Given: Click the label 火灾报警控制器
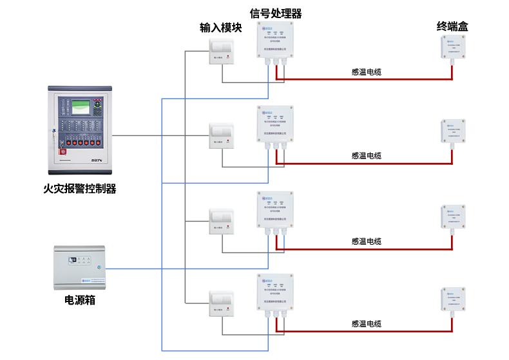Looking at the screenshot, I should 80,189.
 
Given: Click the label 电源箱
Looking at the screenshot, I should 80,299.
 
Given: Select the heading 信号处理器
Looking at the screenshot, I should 276,13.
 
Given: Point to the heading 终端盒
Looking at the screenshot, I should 452,26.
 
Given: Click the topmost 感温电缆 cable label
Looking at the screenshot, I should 366,73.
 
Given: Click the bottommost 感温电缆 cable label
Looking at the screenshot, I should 366,325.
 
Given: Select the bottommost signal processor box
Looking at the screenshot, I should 275,293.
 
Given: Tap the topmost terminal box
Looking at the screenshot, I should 452,48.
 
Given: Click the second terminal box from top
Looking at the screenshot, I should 452,133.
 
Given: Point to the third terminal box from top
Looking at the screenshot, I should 452,218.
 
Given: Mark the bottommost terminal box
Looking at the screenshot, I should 452,301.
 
